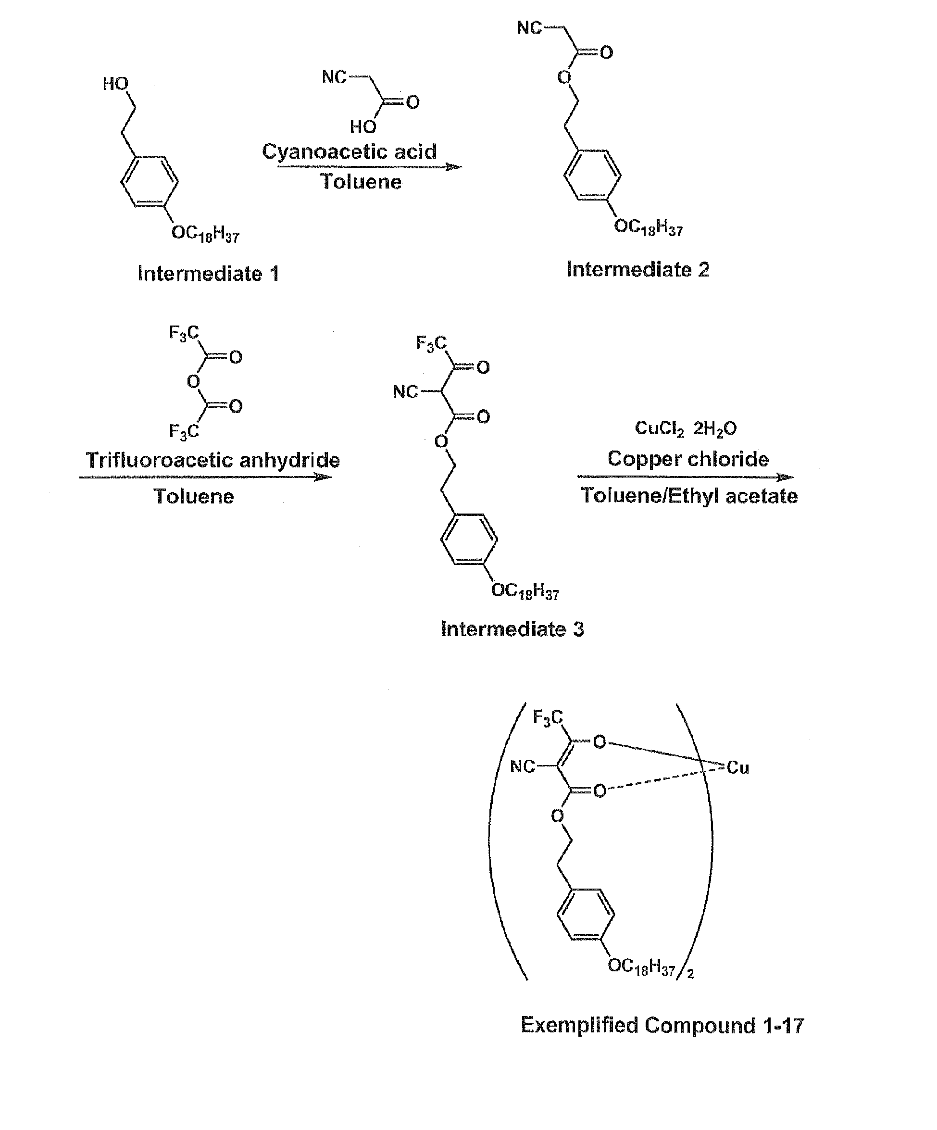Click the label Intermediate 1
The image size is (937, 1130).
pos(208,273)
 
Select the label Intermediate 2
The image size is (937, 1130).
pos(637,269)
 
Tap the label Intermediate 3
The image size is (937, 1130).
pos(512,628)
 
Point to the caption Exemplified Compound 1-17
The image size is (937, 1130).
pos(662,1025)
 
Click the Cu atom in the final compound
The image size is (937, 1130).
pos(737,767)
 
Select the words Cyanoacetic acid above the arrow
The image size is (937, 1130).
pos(349,152)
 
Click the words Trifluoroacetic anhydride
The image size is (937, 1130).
pos(213,460)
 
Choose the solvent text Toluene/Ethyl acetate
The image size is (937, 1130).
pos(689,496)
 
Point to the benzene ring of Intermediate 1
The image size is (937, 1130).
pos(150,181)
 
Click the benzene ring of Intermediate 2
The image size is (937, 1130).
pos(592,176)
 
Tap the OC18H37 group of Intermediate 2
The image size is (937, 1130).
pos(648,227)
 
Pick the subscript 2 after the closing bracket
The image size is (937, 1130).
pos(690,973)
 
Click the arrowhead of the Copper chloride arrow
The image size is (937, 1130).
pos(786,477)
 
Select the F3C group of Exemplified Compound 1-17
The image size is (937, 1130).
pos(548,717)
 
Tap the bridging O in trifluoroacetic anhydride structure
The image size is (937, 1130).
pos(193,381)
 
